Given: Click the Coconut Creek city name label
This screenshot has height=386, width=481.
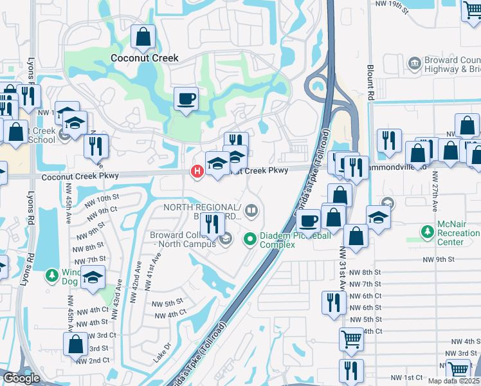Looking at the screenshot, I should pyautogui.click(x=144, y=58).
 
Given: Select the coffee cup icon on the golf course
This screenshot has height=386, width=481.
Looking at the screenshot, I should pyautogui.click(x=186, y=99).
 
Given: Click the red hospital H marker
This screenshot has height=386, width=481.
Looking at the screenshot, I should pyautogui.click(x=197, y=171).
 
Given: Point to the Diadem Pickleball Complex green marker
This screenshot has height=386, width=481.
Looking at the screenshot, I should pyautogui.click(x=251, y=240).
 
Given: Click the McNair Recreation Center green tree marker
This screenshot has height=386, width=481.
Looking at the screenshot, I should pyautogui.click(x=427, y=231).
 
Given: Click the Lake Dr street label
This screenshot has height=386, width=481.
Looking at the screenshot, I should pyautogui.click(x=162, y=354).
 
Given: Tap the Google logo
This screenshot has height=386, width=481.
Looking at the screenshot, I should pyautogui.click(x=21, y=378).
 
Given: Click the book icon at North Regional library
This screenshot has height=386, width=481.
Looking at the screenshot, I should pyautogui.click(x=252, y=209).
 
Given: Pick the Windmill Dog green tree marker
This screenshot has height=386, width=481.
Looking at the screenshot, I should pyautogui.click(x=52, y=275).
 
